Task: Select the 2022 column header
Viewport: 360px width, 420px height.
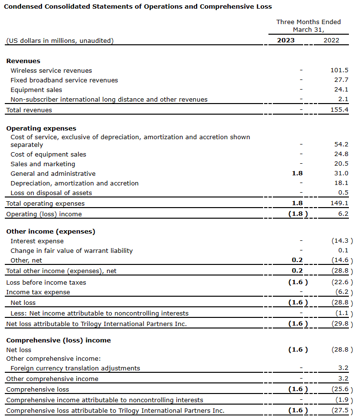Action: pos(331,40)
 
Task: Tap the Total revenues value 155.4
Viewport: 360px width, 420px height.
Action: pos(339,110)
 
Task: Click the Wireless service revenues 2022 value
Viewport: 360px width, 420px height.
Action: pos(339,70)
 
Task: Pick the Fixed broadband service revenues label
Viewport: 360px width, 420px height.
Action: pos(64,80)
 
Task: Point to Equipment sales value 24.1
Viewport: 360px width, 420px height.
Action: pos(341,90)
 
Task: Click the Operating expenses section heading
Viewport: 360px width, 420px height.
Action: pos(41,129)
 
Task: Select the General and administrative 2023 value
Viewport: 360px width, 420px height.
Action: pos(297,173)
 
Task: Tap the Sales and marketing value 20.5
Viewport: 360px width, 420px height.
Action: pos(341,164)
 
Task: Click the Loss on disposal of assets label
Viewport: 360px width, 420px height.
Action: pos(51,193)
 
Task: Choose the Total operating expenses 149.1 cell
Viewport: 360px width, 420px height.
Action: pos(339,203)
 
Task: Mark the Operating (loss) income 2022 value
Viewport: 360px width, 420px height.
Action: pos(343,214)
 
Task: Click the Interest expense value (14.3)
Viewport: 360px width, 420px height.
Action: pos(342,241)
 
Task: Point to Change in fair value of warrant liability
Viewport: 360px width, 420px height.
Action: pos(71,250)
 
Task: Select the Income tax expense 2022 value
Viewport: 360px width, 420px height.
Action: pos(344,292)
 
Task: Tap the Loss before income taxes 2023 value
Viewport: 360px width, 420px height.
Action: pos(297,282)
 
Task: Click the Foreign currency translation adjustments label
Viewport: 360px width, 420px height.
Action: pos(75,368)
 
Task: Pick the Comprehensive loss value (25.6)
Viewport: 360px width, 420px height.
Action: pos(342,389)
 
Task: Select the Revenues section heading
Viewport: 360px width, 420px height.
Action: pos(23,61)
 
